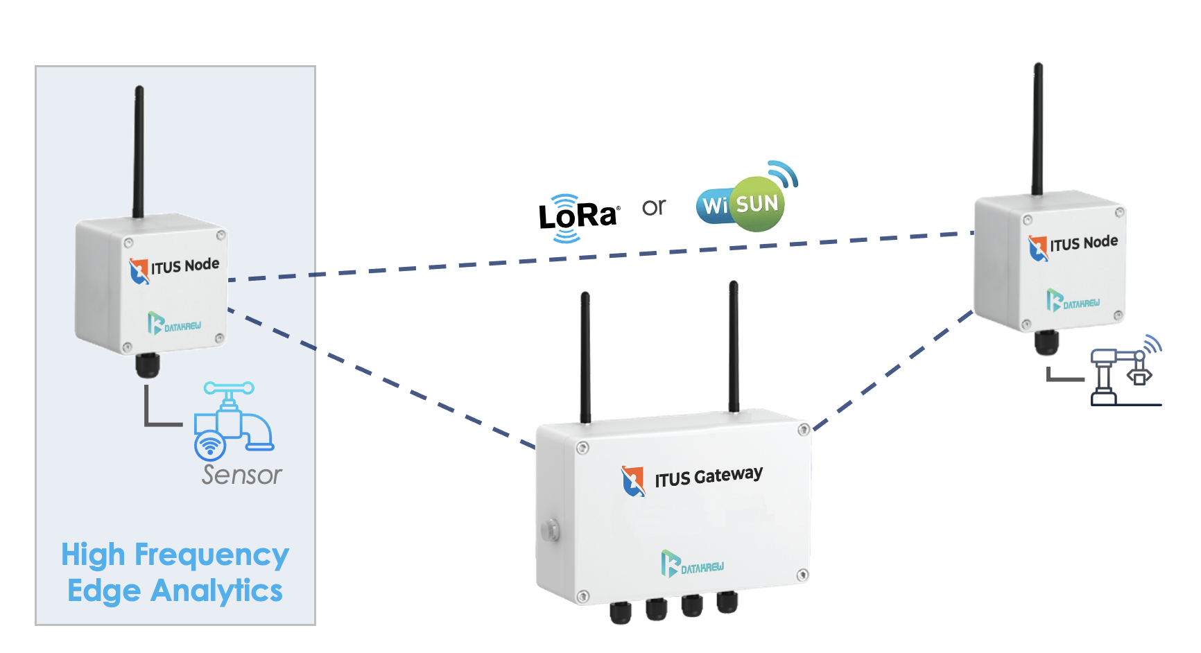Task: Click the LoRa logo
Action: click(578, 217)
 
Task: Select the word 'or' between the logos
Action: click(653, 207)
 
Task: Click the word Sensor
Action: click(241, 475)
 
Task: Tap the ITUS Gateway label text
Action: click(708, 476)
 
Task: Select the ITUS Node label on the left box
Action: click(184, 266)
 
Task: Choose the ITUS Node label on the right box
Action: click(1083, 243)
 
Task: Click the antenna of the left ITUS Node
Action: click(139, 153)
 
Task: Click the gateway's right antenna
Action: click(734, 347)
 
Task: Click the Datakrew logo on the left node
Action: click(174, 324)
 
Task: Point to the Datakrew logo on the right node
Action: click(1073, 301)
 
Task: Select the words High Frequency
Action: click(175, 555)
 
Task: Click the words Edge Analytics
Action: click(175, 591)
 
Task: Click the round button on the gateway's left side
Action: click(550, 530)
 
